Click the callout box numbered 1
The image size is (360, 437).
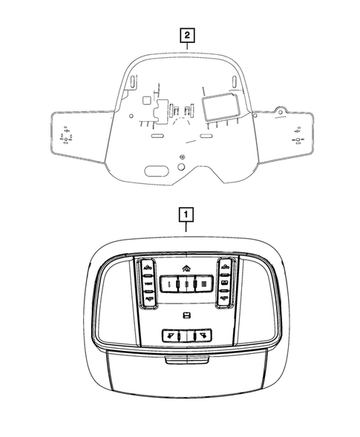[x=186, y=215]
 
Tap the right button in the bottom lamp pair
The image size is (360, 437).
[x=201, y=335]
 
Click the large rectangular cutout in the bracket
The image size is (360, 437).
[x=221, y=111]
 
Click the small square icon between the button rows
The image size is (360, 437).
[x=186, y=317]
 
